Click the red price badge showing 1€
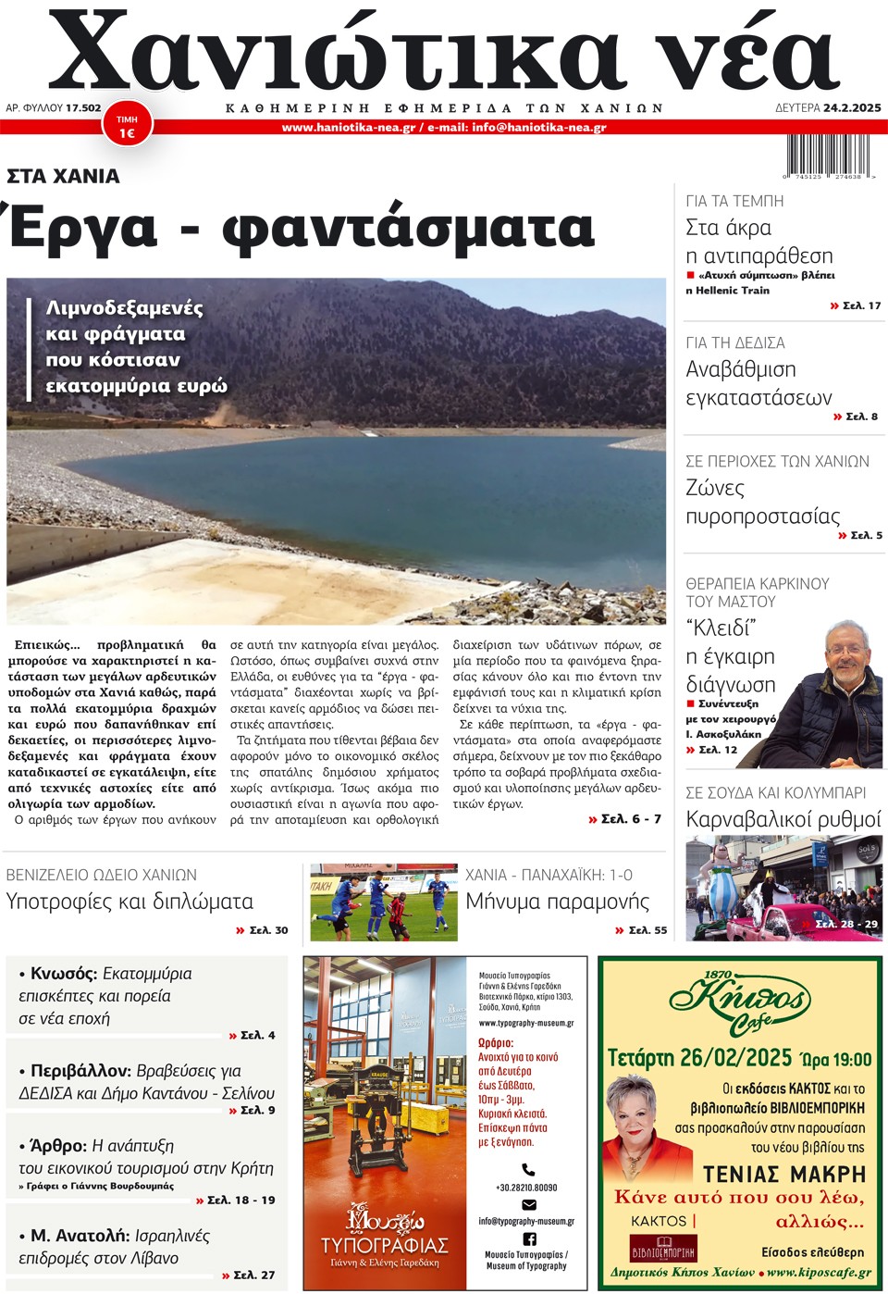coord(127,127)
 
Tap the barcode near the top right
coord(829,156)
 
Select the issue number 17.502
coord(83,107)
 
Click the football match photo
coord(383,902)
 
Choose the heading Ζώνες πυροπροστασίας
coord(762,503)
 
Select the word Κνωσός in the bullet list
coord(64,974)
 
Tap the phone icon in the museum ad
coord(528,1169)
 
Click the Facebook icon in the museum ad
coord(529,1238)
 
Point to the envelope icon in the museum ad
coord(529,1204)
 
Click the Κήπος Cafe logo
coord(739,1003)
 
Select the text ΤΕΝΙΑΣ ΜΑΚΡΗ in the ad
coord(784,1175)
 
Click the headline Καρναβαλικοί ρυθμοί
coord(783,819)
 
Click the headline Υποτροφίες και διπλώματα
coord(129,902)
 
